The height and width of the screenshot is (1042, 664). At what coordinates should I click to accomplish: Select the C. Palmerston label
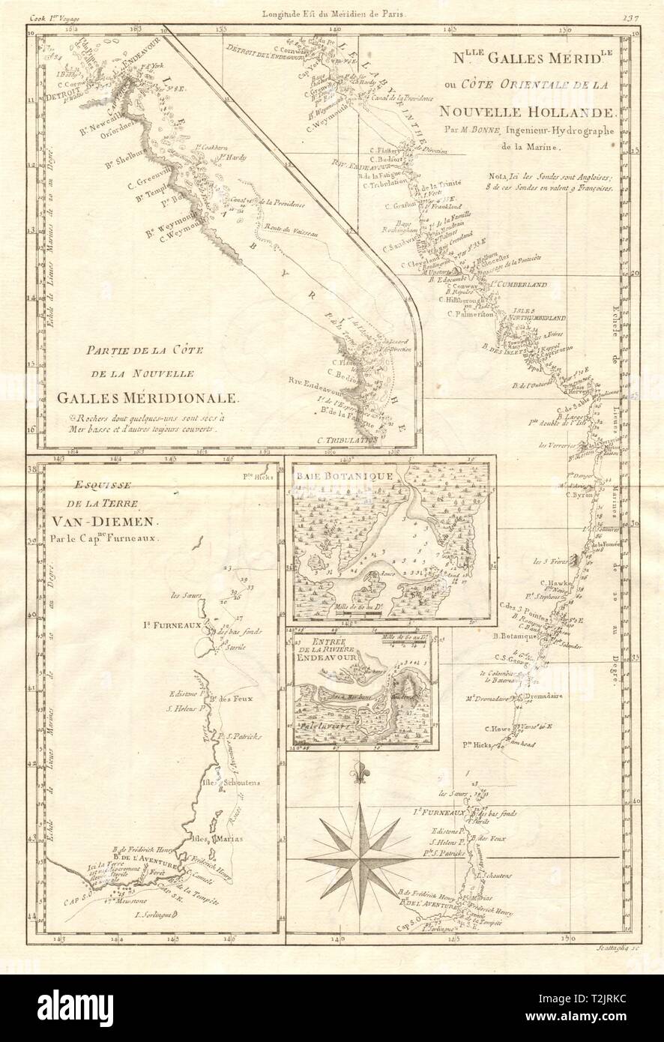[469, 314]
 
